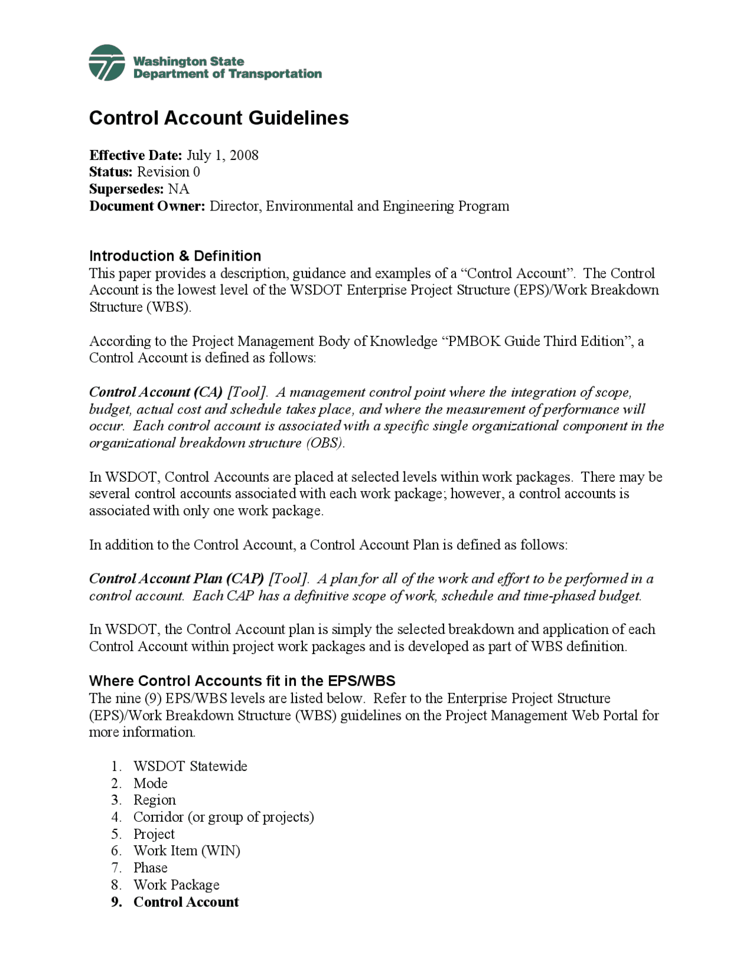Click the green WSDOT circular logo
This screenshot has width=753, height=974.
(106, 62)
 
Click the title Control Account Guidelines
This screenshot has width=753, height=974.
(218, 118)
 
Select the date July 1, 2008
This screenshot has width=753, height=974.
(222, 155)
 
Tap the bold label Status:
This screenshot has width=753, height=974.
(111, 172)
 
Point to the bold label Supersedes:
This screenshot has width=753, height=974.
(126, 189)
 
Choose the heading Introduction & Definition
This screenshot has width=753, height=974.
(175, 256)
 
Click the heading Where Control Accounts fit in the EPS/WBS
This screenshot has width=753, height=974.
(242, 681)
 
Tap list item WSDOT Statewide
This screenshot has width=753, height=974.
(190, 766)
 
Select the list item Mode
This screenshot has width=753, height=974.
(150, 783)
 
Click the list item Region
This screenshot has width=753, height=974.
(154, 800)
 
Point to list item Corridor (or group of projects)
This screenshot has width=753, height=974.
(224, 818)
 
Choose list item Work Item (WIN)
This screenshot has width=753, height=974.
(186, 851)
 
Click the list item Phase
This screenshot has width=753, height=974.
(150, 868)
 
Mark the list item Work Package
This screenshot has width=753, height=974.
(176, 885)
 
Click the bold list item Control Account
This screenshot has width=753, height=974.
(186, 902)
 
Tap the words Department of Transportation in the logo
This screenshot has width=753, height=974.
(227, 74)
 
